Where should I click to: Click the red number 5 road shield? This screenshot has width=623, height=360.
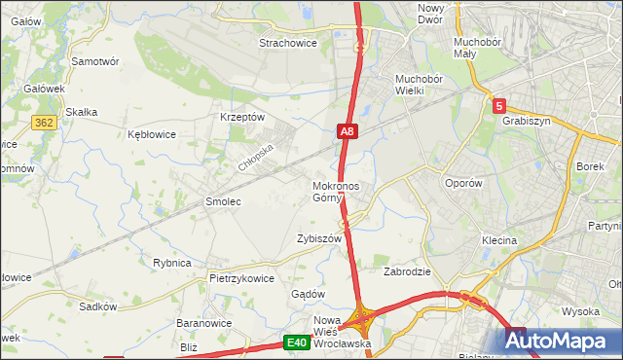click(499, 106)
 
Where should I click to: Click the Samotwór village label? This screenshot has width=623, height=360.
click(95, 60)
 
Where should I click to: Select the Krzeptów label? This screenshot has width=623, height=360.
click(242, 117)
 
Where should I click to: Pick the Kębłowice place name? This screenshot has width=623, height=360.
click(152, 134)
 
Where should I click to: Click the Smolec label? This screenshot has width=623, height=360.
click(222, 201)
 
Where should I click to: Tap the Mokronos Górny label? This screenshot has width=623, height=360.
click(336, 192)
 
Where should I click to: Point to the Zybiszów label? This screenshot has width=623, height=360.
click(319, 238)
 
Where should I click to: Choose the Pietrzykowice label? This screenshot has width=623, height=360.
click(241, 278)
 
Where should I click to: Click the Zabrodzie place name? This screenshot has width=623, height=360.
click(407, 271)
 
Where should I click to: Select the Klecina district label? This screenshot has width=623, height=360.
click(498, 239)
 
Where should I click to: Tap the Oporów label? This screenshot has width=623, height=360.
click(463, 182)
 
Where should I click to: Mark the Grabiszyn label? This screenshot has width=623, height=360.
click(528, 122)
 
